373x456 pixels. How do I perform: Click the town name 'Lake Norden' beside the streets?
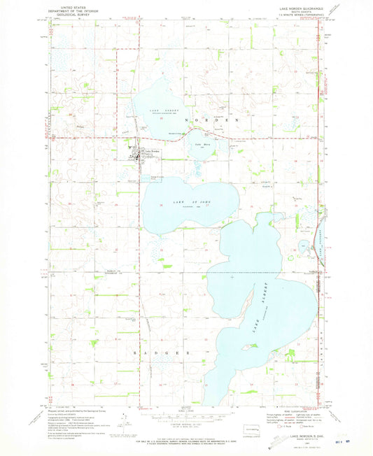point(152,152)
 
